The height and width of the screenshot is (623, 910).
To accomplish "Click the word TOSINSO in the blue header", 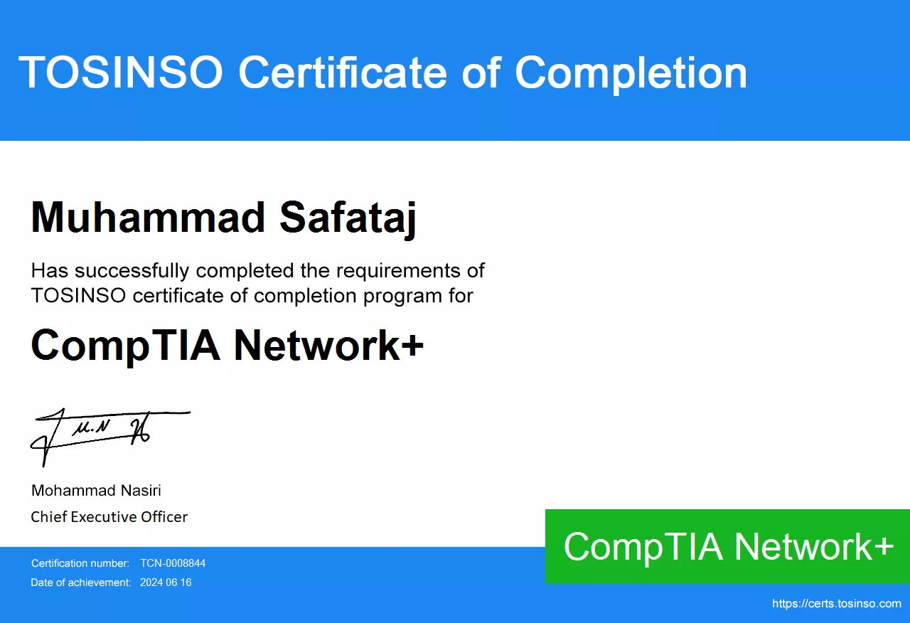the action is coord(121,72).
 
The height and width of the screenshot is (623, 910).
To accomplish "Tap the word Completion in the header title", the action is coord(631,73).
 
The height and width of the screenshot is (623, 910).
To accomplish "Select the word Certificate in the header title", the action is coord(343,72).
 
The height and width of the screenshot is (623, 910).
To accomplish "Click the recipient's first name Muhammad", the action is coord(148,218).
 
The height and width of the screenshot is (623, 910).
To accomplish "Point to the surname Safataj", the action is coord(348,220).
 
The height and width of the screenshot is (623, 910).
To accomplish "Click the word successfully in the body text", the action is coord(132,271).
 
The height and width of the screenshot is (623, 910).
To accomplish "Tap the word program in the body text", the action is coord(402,297).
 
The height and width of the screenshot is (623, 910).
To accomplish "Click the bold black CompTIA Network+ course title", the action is coord(227,346).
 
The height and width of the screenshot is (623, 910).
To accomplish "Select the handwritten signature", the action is coord(110,437).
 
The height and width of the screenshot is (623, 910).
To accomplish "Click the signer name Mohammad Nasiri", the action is coord(96,491).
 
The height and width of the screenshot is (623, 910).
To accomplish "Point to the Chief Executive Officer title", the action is coord(109,517).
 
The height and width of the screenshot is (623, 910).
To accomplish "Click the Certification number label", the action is coord(80,563).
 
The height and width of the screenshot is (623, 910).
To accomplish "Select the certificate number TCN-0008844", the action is coord(173,563).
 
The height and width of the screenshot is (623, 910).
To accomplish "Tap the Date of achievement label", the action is coord(81,582).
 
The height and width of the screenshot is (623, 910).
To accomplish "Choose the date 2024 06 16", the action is coord(166,582).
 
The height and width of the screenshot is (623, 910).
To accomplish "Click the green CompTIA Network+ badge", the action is coord(727,546).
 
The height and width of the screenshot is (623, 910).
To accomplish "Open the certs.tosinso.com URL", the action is coord(837,604).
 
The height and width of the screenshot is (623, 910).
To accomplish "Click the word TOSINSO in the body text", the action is coord(78,296).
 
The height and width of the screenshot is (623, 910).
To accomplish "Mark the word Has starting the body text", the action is coord(50,271).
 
